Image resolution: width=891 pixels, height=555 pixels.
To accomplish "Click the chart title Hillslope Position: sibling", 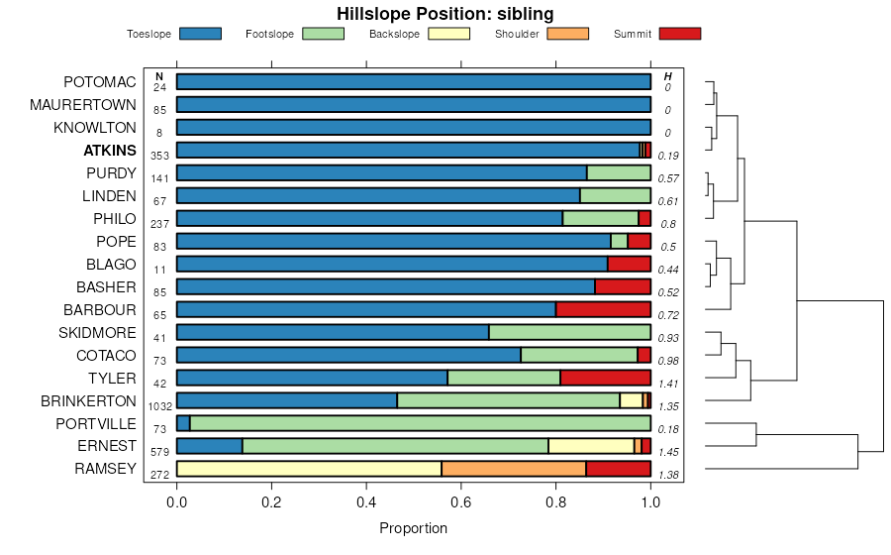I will [x=445, y=14].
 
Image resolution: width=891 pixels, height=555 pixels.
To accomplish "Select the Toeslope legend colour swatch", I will [x=201, y=34].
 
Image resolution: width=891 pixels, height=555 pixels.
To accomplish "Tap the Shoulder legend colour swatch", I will [x=567, y=34].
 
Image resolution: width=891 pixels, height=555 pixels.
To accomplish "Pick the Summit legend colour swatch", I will [x=680, y=34].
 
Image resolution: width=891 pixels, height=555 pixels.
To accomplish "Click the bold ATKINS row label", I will [x=110, y=151].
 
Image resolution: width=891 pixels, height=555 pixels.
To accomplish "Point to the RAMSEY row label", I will [x=105, y=469].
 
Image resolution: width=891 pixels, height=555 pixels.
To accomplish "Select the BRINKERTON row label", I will [x=88, y=400].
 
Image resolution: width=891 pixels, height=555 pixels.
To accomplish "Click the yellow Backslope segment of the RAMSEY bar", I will [x=309, y=469].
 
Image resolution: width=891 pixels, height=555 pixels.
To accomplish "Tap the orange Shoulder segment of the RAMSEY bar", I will [x=513, y=469].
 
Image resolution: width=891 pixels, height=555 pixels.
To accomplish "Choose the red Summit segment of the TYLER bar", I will [x=605, y=378].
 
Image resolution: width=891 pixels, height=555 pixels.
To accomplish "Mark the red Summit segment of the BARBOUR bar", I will [x=603, y=309].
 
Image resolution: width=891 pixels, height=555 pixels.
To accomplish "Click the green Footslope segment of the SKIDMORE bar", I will [x=569, y=332].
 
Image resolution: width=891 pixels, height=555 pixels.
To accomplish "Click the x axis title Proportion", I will [x=413, y=528].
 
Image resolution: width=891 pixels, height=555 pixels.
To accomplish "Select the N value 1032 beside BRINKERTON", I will [x=159, y=406].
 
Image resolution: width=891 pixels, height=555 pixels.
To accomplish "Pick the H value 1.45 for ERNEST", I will [x=668, y=453].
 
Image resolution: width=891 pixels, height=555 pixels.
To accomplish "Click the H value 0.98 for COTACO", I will [x=668, y=361].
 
